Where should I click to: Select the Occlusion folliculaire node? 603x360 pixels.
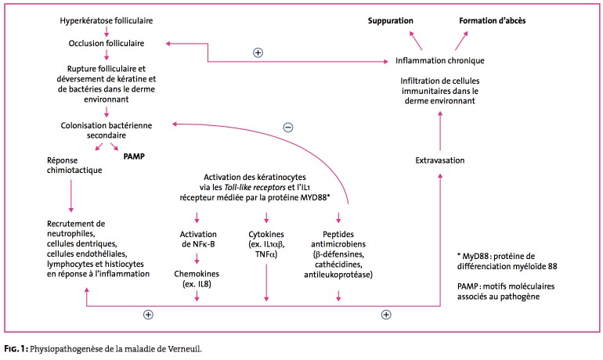coord(105,42)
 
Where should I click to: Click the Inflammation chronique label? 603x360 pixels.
coord(439,60)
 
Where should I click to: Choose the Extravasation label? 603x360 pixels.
coord(439,160)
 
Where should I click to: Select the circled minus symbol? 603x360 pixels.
coord(289,128)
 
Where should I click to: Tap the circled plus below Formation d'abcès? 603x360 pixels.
coord(258,52)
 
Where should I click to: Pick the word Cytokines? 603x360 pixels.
coord(266,234)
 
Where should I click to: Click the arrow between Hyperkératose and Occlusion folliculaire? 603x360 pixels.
coord(105,30)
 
